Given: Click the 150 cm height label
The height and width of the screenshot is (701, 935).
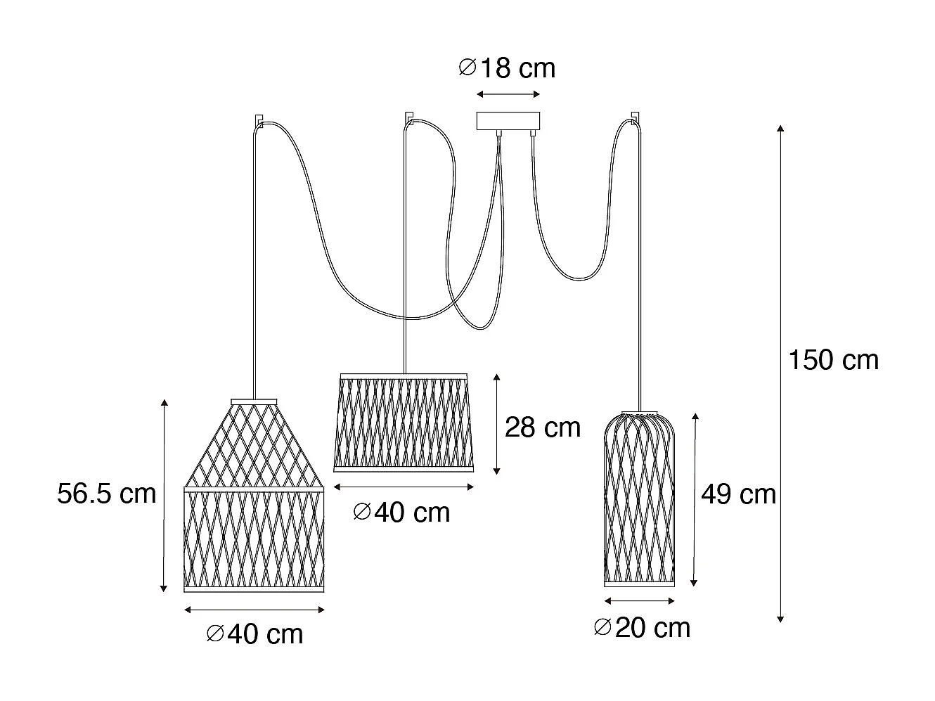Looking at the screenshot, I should [x=833, y=360].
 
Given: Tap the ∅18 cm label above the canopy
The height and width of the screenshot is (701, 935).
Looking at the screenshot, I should [x=506, y=68].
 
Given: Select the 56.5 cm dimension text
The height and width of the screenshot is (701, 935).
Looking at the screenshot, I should [x=107, y=494].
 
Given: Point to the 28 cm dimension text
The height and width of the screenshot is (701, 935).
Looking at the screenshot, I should [x=543, y=427].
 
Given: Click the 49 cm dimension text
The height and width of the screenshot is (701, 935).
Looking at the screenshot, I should [x=738, y=494].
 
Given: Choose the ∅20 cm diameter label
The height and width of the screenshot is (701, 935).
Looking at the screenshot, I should [x=642, y=627].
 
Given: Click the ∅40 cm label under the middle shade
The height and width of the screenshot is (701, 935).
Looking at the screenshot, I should [x=402, y=512].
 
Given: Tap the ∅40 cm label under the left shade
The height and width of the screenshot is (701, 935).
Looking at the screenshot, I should [x=254, y=634].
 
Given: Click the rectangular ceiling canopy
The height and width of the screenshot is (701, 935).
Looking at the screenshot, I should [x=508, y=121].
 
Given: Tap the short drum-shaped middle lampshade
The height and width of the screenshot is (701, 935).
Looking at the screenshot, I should [x=404, y=423].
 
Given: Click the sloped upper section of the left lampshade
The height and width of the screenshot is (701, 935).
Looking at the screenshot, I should [x=254, y=443].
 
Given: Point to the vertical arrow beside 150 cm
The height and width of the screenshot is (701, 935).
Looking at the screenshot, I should [x=780, y=373].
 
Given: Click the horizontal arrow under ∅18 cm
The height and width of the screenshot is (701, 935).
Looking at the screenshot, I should [x=508, y=94].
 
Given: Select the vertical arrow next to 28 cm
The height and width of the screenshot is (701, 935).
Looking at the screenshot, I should [x=497, y=423].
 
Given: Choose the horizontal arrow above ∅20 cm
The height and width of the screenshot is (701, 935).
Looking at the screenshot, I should [x=639, y=601].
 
